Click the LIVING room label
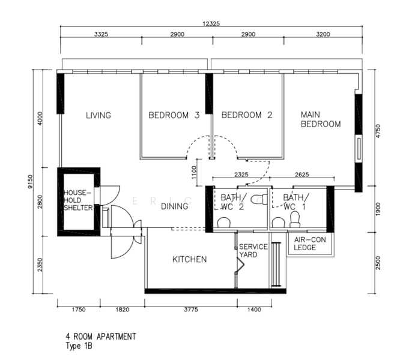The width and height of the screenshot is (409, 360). coord(98,115)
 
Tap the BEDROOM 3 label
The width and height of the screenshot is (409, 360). coord(174,115)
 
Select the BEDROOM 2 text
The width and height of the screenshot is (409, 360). coord(247,115)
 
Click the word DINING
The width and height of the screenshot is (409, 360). coord(175,206)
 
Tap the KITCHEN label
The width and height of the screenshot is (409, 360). coord(190,259)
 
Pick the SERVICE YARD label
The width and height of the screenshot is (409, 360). coord(253,251)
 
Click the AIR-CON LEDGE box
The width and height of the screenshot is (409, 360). coord(306,244)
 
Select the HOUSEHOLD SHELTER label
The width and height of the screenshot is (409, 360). coord(78,200)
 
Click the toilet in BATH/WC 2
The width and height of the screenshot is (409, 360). coord(223,223)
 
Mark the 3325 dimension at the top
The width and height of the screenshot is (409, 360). coord(101,35)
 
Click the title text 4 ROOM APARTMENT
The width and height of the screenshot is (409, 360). coord(101,337)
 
